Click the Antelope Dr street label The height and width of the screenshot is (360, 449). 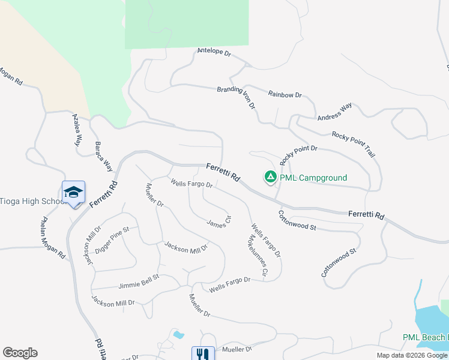click(x=214, y=53)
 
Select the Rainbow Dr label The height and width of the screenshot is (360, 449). click(x=285, y=95)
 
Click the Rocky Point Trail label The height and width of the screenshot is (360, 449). click(x=354, y=145)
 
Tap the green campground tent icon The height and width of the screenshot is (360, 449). click(x=270, y=177)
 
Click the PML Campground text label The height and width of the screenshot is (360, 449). click(x=313, y=178)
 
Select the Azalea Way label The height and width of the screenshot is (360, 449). click(x=76, y=130)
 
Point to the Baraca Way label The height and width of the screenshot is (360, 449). click(x=104, y=156)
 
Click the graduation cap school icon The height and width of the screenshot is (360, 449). click(x=73, y=192)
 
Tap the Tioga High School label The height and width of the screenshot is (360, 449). click(x=33, y=201)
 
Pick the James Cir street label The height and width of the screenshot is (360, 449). click(x=218, y=222)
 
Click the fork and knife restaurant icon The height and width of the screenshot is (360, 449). click(x=203, y=355)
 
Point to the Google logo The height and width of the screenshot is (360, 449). click(x=20, y=353)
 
